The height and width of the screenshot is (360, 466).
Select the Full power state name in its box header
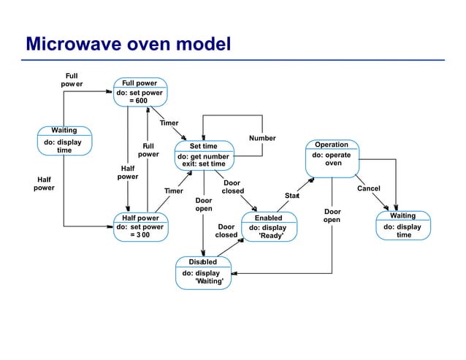(x=139, y=83)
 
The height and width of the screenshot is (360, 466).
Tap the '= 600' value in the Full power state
(x=139, y=101)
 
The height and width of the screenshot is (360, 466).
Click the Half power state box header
(x=140, y=218)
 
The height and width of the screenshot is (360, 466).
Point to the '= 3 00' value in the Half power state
(x=140, y=236)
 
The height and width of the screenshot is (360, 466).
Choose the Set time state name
(x=203, y=146)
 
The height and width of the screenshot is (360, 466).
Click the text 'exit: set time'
(x=204, y=164)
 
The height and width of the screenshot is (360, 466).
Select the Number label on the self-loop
(x=262, y=137)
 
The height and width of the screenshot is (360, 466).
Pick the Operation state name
(x=331, y=145)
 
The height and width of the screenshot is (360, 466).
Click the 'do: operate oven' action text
(x=332, y=159)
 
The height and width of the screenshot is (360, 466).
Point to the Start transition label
(x=292, y=195)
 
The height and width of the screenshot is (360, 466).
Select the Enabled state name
(x=268, y=218)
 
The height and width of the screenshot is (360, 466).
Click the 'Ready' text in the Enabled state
(x=271, y=237)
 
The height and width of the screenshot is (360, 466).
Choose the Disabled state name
(x=203, y=261)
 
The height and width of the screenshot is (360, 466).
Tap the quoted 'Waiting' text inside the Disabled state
(x=209, y=281)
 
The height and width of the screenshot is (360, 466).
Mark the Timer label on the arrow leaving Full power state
(x=169, y=123)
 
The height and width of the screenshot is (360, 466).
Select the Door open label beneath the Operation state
(x=332, y=215)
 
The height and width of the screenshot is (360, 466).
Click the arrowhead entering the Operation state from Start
(x=312, y=179)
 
